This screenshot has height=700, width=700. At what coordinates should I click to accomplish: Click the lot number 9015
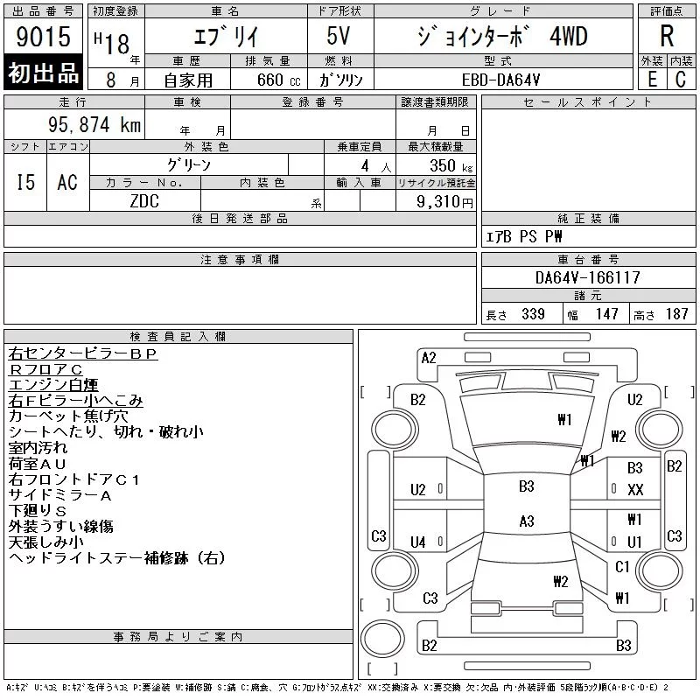coord(43,37)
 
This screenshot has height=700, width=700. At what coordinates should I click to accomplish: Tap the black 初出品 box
coord(43,73)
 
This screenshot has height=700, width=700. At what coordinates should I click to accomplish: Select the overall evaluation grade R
coord(667,36)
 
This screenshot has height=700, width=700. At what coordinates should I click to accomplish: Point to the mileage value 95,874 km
coord(94,124)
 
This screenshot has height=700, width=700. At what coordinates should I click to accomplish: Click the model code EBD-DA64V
coord(500,80)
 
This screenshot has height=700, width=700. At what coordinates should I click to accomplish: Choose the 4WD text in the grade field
coord(568,36)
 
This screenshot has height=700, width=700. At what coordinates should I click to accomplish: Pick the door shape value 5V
coord(338,36)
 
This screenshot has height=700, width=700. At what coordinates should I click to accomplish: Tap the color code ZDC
coord(144,201)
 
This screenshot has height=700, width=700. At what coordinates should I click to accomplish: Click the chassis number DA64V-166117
coord(587,277)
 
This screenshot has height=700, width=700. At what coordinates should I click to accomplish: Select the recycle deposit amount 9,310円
coord(444,202)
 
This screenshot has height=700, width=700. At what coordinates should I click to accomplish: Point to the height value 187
coord(676,314)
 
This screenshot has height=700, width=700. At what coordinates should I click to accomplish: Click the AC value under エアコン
coord(67,182)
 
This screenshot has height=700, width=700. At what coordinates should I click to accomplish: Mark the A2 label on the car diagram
coord(429,358)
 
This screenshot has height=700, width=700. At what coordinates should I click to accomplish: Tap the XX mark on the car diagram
coord(635,490)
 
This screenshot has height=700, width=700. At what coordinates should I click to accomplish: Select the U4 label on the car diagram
coord(418,542)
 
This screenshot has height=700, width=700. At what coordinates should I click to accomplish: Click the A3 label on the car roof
coord(527,521)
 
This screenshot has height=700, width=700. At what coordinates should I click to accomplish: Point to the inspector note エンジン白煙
coord(53,385)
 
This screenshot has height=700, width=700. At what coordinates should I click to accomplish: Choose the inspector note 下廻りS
coord(38,511)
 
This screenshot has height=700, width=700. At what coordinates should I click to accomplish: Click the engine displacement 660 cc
coord(278,80)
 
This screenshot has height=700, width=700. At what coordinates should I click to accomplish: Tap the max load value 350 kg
coord(451,165)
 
